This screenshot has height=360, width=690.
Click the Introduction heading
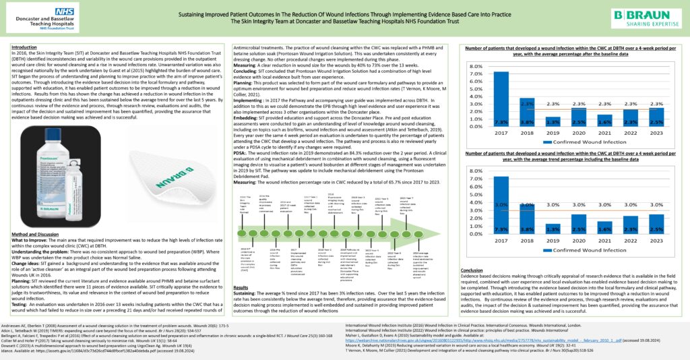tap(26, 47)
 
